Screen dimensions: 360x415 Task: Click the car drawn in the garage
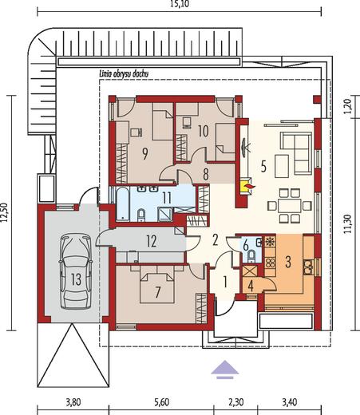point(76,271)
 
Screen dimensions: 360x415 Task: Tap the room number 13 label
point(76,279)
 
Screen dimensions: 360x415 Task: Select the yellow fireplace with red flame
point(247,186)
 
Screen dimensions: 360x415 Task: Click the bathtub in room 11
point(123,204)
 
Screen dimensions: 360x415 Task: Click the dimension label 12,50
point(5,212)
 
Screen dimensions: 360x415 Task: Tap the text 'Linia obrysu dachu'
point(123,74)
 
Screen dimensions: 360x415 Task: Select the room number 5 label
point(263,167)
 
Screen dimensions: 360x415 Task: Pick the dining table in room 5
point(290,205)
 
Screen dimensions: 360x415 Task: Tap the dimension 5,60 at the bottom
point(161,402)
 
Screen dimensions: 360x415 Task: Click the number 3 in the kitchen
point(288,262)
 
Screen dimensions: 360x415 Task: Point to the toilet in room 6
point(251,255)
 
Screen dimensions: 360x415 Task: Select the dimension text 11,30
point(349,224)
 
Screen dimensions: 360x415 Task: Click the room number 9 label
point(145,154)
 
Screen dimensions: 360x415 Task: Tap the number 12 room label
point(152,241)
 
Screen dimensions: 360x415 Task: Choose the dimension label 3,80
point(73,402)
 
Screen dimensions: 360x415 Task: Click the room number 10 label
point(204,131)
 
